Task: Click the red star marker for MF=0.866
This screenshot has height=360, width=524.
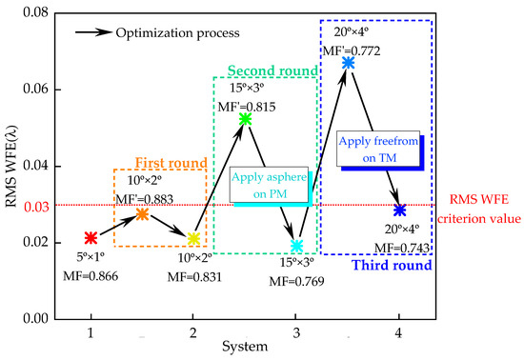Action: tap(90, 237)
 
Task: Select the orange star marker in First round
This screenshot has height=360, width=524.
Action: tap(141, 214)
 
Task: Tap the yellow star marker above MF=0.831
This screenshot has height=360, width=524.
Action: tap(193, 239)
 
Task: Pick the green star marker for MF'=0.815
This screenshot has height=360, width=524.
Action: tap(245, 118)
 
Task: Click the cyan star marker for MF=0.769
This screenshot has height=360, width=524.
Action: tap(296, 246)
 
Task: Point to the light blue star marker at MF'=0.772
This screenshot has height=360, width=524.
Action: tap(348, 62)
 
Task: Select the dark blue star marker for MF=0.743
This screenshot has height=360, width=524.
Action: tap(399, 210)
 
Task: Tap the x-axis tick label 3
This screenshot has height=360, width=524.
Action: tap(296, 333)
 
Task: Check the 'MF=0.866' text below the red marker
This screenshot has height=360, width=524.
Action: tap(91, 273)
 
